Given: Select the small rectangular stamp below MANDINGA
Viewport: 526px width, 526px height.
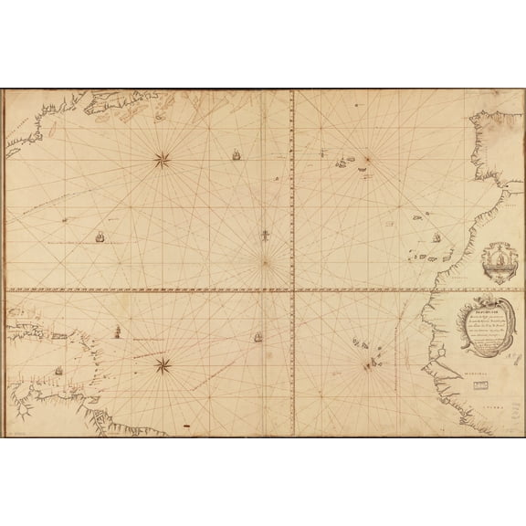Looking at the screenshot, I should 478,386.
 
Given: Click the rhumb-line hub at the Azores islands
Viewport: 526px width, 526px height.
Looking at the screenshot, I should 367,163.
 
